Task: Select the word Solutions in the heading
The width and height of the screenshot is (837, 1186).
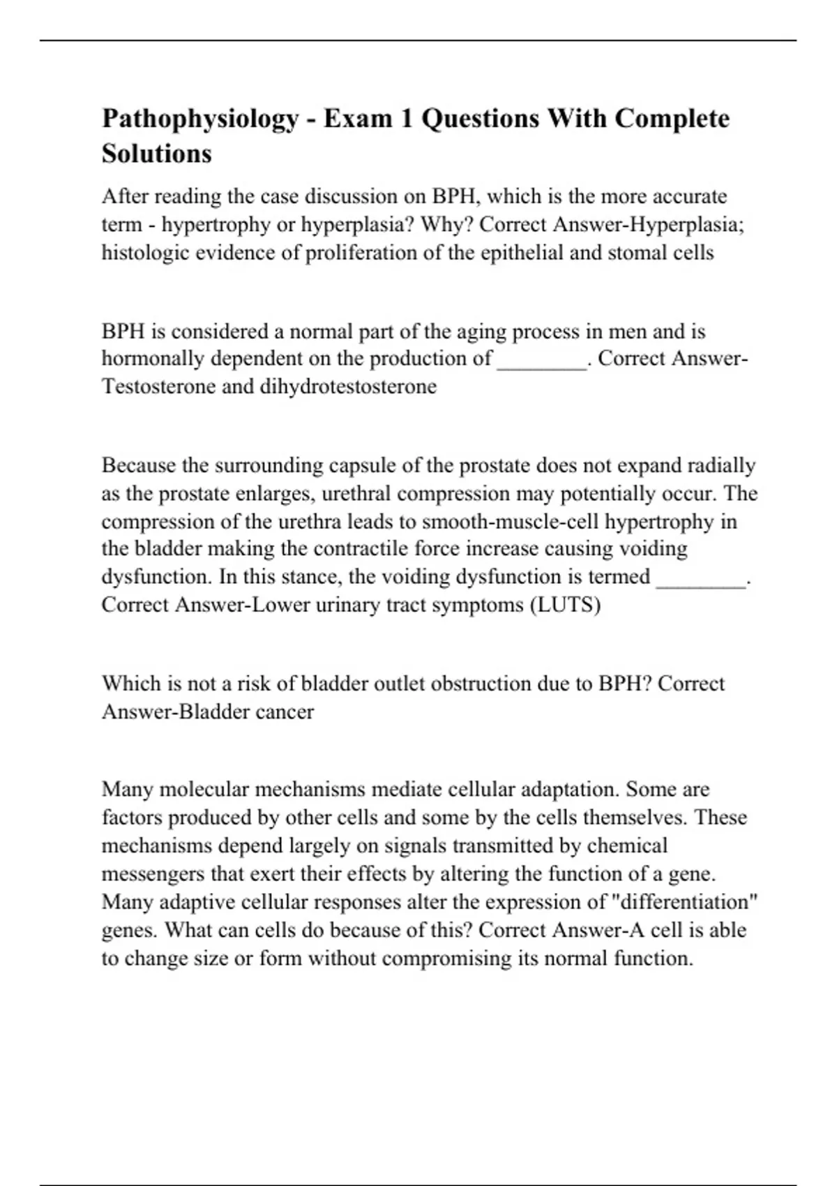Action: [157, 153]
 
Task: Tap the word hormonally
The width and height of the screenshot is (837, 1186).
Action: [153, 359]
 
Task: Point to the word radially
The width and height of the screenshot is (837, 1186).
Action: [721, 465]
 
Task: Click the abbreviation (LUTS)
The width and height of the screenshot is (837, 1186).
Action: [566, 605]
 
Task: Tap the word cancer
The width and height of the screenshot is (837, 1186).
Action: [285, 712]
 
